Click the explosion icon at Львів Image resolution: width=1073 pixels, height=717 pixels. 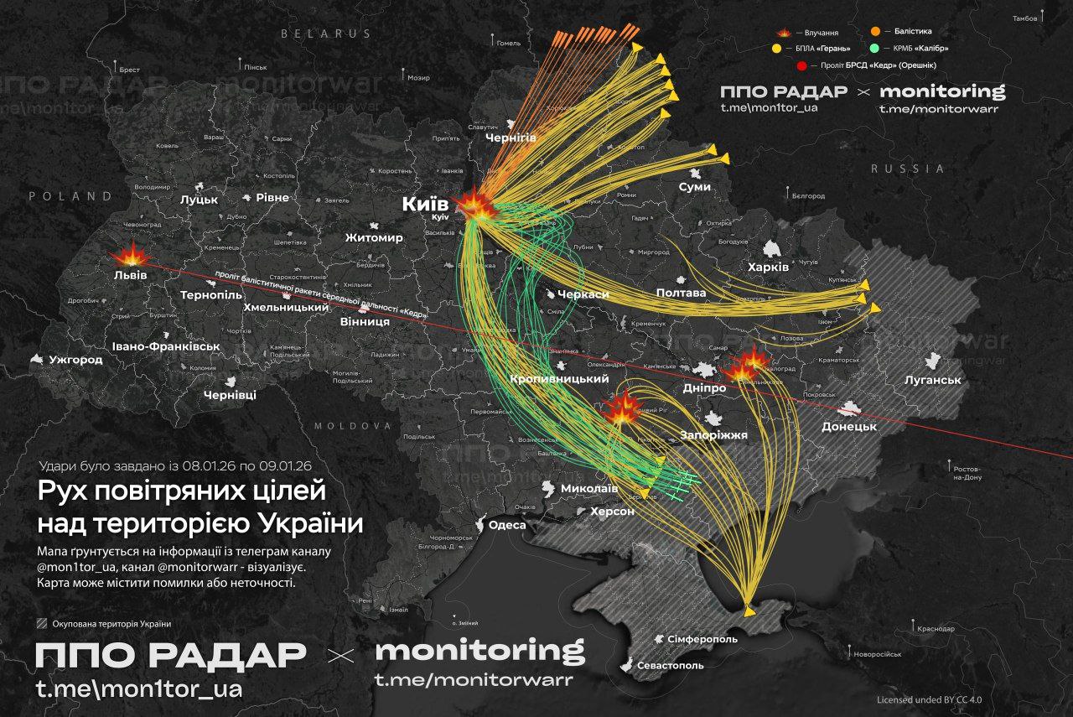pyautogui.click(x=129, y=255)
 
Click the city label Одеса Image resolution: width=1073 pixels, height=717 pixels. pyautogui.click(x=507, y=525)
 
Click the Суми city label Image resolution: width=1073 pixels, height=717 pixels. pyautogui.click(x=695, y=187)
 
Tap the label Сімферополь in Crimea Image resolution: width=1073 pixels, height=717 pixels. pyautogui.click(x=702, y=639)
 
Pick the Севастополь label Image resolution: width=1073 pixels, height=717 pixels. pyautogui.click(x=669, y=665)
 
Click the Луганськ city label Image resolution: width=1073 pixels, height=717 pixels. pyautogui.click(x=932, y=380)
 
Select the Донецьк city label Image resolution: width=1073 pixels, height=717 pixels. pyautogui.click(x=849, y=426)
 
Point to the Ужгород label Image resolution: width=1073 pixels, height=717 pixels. pyautogui.click(x=75, y=360)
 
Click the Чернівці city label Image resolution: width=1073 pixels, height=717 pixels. pyautogui.click(x=231, y=394)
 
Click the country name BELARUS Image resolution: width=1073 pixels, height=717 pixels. pyautogui.click(x=326, y=34)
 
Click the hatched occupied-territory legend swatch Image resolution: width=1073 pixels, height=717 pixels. pyautogui.click(x=43, y=623)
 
